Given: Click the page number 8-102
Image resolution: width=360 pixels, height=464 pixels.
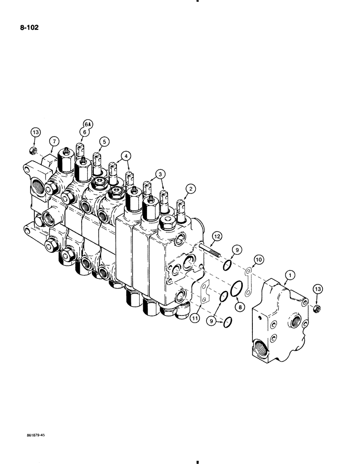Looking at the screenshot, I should pos(29,28).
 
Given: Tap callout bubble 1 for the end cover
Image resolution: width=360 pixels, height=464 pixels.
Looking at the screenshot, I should pos(289,276).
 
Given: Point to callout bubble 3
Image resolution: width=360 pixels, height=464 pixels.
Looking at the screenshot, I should pos(161,174).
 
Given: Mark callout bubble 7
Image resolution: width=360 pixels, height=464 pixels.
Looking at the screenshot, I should pos(54,140).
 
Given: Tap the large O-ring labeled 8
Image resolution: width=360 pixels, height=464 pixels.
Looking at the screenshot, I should pos(236,288).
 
